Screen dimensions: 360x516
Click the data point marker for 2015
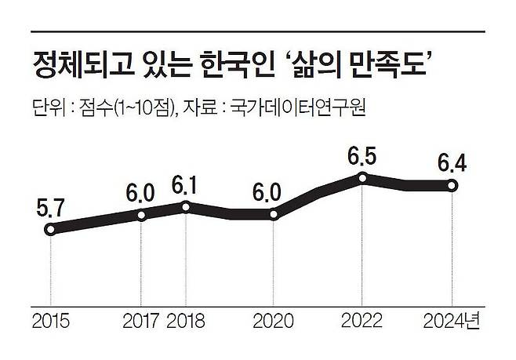[50, 230]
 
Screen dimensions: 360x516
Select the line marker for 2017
[142, 214]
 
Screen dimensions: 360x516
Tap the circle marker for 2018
[186, 206]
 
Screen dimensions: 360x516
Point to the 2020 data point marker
[274, 214]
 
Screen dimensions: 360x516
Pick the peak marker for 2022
[362, 178]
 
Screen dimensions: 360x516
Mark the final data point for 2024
[452, 185]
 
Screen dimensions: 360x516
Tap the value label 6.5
[362, 156]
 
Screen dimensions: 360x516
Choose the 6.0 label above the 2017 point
[141, 193]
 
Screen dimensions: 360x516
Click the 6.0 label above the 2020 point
[274, 192]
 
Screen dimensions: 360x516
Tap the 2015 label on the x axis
[50, 321]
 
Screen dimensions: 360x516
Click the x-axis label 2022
[362, 321]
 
